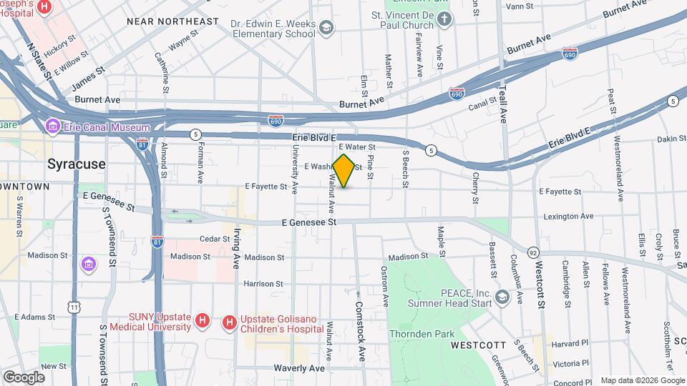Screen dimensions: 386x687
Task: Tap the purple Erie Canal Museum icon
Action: point(52,127)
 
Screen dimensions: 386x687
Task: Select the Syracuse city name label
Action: point(76,164)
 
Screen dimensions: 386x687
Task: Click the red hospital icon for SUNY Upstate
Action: point(202,322)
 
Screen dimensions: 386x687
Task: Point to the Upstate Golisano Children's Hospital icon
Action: point(229,324)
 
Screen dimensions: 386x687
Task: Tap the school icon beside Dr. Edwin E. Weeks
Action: point(326,28)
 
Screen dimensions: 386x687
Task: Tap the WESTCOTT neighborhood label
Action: point(479,345)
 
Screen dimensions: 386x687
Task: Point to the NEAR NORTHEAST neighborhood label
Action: point(172,21)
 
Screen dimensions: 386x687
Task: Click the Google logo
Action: point(24,377)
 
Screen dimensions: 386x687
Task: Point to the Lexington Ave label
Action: point(568,216)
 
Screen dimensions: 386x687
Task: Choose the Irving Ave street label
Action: point(235,248)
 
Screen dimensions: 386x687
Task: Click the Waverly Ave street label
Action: point(299,368)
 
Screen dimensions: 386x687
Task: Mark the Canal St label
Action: point(483,105)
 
